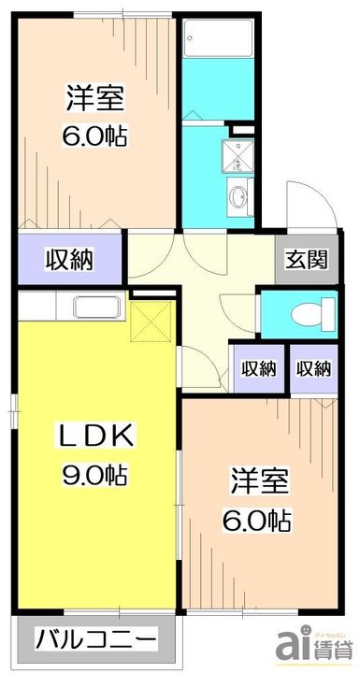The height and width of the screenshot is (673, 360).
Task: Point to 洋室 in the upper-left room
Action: (x=95, y=96)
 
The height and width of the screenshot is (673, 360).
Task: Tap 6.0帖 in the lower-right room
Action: (x=260, y=518)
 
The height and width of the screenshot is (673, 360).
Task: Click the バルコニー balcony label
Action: (x=97, y=644)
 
